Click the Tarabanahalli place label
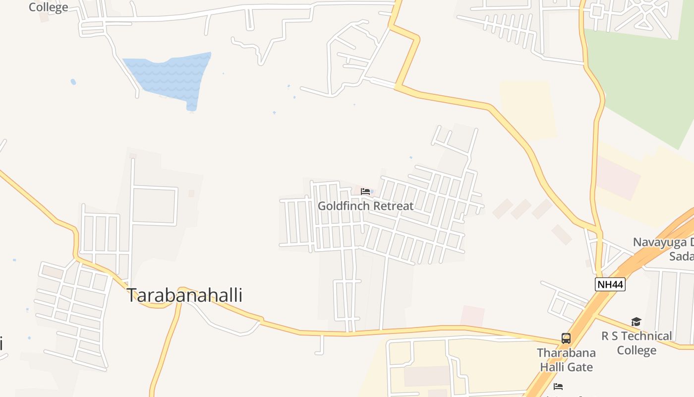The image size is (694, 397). tap(185, 295)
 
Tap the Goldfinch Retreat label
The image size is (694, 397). tap(365, 205)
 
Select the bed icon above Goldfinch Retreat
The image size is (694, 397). tap(365, 192)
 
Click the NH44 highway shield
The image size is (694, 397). tap(610, 284)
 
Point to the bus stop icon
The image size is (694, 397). tap(566, 338)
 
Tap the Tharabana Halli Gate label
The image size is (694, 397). tap(566, 360)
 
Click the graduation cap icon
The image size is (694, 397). tap(636, 322)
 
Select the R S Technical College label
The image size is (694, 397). tap(636, 343)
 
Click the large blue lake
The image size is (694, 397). tap(171, 77)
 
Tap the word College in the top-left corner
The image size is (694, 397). tap(48, 7)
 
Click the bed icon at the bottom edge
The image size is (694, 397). tap(558, 387)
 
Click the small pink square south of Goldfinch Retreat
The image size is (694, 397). tap(472, 316)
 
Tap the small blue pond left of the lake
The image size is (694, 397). tap(73, 82)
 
